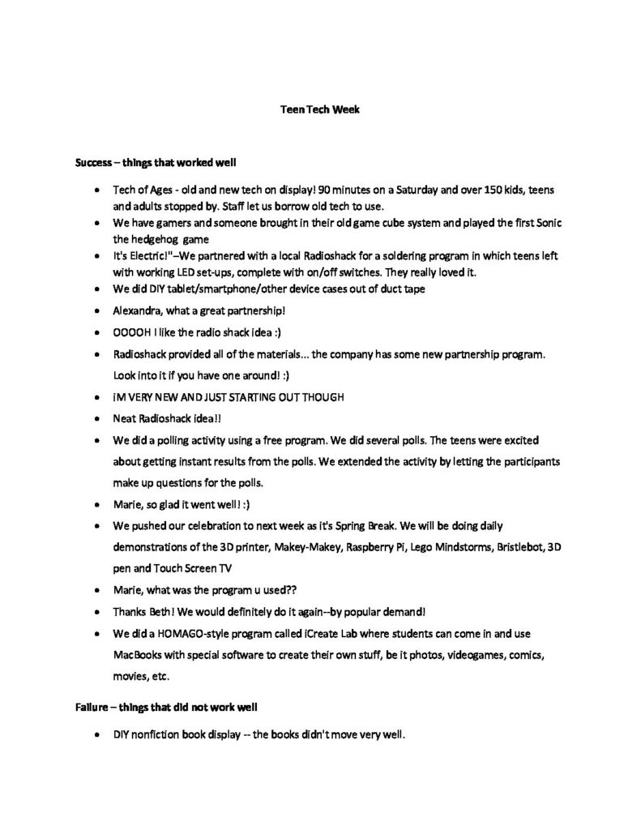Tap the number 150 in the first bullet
click(x=471, y=189)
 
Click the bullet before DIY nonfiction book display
click(x=96, y=735)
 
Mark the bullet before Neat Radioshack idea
click(x=96, y=419)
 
